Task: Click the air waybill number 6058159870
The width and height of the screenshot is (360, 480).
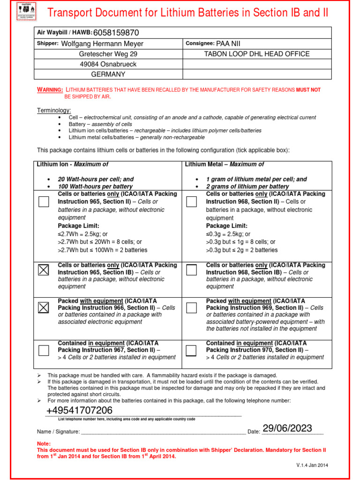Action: pyautogui.click(x=116, y=33)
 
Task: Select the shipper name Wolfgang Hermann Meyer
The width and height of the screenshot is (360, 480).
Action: pyautogui.click(x=103, y=44)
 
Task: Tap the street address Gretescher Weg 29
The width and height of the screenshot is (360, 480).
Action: pyautogui.click(x=108, y=54)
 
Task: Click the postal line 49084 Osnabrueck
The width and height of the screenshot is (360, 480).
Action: pyautogui.click(x=108, y=64)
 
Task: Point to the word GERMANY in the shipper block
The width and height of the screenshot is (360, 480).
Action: pyautogui.click(x=108, y=75)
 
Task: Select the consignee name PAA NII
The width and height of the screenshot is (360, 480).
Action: pyautogui.click(x=229, y=44)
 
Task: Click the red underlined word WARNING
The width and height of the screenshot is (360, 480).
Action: pyautogui.click(x=50, y=90)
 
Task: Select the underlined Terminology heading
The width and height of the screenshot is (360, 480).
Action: pyautogui.click(x=54, y=110)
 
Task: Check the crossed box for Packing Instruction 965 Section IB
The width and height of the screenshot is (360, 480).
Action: pyautogui.click(x=43, y=270)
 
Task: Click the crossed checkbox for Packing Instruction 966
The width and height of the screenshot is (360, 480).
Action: pyautogui.click(x=43, y=307)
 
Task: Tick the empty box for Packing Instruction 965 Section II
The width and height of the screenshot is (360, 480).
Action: pyautogui.click(x=43, y=202)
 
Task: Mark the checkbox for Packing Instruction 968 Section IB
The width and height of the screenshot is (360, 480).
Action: pyautogui.click(x=191, y=270)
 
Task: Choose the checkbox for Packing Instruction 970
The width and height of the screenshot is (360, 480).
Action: pyautogui.click(x=191, y=351)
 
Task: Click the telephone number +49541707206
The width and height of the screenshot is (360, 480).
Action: pyautogui.click(x=79, y=411)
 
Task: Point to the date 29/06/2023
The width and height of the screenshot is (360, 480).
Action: pyautogui.click(x=287, y=428)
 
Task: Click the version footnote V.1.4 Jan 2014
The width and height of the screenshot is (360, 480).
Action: pyautogui.click(x=312, y=465)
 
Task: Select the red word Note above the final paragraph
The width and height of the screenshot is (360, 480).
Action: pyautogui.click(x=44, y=443)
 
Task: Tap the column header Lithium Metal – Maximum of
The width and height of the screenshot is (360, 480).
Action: pyautogui.click(x=225, y=165)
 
